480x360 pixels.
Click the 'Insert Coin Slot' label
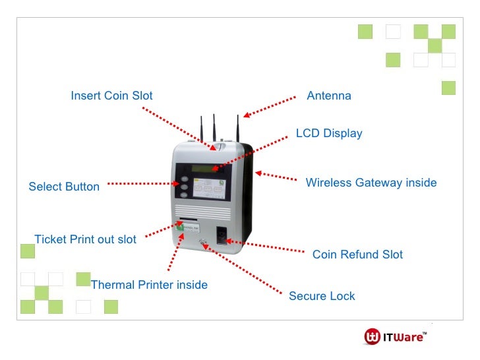111,96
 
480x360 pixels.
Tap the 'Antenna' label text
329,96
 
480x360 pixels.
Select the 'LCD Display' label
329,133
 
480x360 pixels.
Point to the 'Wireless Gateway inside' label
371,183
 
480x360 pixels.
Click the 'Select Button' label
64,187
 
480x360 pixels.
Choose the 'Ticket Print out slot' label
85,239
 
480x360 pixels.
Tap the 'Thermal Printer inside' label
149,285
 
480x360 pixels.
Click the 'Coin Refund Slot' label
357,255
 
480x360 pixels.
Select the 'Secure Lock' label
322,296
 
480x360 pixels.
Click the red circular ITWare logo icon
372,337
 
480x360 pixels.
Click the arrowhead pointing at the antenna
245,116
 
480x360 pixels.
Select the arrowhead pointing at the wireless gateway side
258,173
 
